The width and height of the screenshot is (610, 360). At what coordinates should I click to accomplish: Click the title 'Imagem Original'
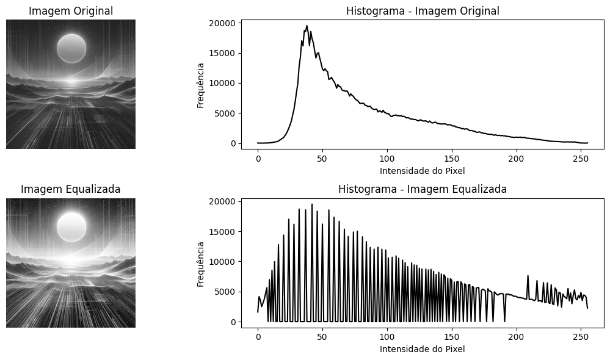coord(71,11)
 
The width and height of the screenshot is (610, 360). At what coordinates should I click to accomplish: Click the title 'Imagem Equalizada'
coord(71,189)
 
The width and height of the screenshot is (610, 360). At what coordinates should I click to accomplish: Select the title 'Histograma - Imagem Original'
coord(423,11)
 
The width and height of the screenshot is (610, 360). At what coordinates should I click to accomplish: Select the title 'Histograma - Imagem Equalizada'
coord(423,189)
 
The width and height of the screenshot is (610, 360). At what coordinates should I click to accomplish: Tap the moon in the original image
coord(71,48)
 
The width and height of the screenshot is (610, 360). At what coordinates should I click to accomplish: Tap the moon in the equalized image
coord(71,227)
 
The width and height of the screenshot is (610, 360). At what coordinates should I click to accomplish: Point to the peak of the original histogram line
coord(307,26)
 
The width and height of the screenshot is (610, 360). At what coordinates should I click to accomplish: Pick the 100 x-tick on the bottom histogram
coord(387,337)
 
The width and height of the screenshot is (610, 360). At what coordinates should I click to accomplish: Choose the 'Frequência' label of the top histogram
coord(201,84)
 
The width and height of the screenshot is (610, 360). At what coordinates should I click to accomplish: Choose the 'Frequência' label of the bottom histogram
coord(201,262)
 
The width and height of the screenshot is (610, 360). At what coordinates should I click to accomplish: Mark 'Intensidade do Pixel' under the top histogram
coord(423,171)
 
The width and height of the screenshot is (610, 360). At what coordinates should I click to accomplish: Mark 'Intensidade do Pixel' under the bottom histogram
coord(423,350)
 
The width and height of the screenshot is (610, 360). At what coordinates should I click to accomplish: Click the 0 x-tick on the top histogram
coord(258,159)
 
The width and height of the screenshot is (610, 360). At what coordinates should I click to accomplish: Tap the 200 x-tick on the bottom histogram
coord(517,337)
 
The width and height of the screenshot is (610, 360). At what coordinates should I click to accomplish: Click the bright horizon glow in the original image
coord(71,81)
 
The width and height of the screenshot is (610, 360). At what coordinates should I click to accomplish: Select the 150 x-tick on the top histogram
coord(452,159)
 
